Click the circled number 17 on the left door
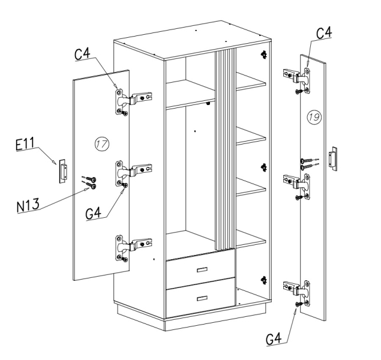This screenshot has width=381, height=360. tap(102, 144)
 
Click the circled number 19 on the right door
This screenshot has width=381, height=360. tap(314, 117)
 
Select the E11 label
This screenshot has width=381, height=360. tap(25, 144)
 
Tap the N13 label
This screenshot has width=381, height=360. tap(28, 205)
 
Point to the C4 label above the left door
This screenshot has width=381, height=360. tap(82, 53)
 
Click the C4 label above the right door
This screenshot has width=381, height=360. tap(324, 32)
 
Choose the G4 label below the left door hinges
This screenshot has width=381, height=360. tap(94, 213)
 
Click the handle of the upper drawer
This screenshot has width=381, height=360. tap(202, 269)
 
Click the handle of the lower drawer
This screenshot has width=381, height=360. tap(202, 299)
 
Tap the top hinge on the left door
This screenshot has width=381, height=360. tap(133, 101)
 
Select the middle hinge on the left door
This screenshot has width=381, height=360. tap(133, 173)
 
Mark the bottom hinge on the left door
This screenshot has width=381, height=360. tap(133, 248)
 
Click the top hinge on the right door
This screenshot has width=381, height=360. tap(297, 80)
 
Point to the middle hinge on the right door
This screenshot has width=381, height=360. tap(297, 187)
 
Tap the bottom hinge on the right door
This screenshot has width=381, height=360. tap(297, 293)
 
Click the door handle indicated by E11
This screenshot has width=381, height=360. tap(63, 171)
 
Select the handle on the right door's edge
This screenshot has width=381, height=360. tap(333, 159)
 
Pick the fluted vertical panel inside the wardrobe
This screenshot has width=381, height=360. tap(225, 149)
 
